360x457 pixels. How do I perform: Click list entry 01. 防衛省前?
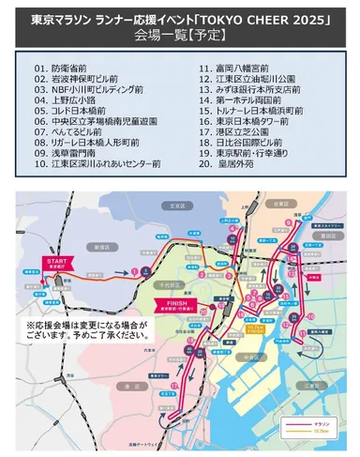point(66,69)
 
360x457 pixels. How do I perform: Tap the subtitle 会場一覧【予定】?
point(179,37)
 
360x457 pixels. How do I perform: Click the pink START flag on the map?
point(53,262)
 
